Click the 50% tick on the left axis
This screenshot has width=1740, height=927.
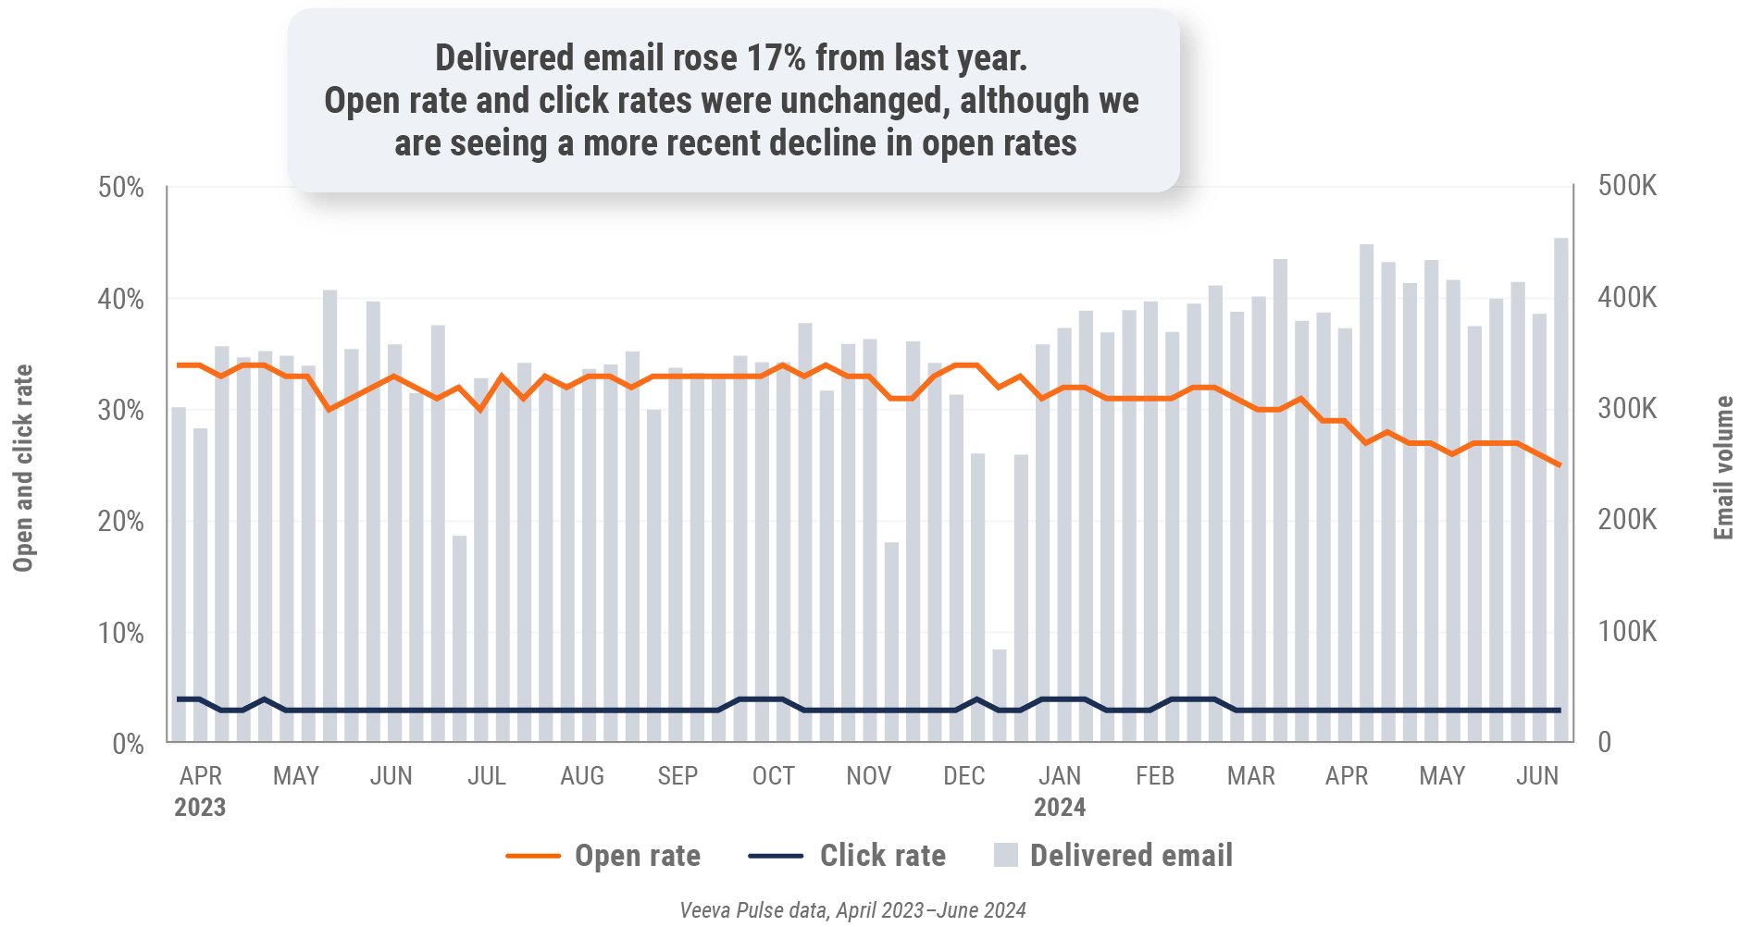coord(121,188)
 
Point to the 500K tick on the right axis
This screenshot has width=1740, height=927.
coord(1626,186)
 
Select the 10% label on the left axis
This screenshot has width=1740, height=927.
coord(121,634)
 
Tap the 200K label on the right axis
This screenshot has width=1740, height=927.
coord(1626,520)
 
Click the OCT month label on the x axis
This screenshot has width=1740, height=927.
coord(773,775)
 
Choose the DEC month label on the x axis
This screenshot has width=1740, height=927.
coord(963,775)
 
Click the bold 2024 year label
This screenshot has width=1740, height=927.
coord(1059,808)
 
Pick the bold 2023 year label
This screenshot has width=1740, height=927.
coord(200,808)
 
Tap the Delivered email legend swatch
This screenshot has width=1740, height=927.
coord(1005,855)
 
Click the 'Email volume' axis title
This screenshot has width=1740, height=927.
coord(1722,468)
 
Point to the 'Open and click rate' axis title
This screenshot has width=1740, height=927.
coord(23,468)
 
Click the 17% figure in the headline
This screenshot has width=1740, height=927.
coord(776,58)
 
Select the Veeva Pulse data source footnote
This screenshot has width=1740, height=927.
coord(852,910)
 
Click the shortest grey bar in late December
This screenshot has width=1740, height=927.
coord(1000,695)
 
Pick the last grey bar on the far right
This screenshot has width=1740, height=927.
coord(1560,489)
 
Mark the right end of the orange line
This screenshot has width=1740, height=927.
coord(1560,464)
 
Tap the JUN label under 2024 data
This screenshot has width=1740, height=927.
coord(1536,775)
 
